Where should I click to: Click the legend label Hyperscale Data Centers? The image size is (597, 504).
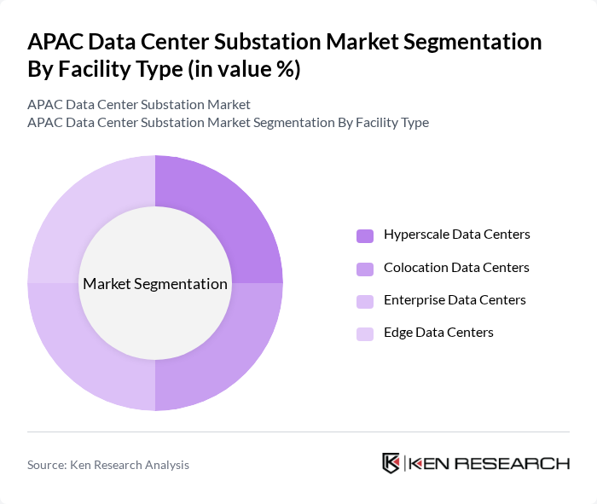(456, 235)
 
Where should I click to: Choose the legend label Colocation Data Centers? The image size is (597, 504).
(456, 268)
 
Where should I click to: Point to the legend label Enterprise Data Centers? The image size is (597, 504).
(455, 300)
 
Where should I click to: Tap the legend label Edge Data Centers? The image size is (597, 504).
(438, 333)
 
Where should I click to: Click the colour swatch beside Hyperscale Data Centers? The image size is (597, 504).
(365, 235)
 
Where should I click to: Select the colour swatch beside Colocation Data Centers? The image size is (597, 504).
(365, 269)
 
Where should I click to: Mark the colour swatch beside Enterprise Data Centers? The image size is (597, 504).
(365, 301)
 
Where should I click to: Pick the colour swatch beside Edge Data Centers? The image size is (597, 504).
(365, 333)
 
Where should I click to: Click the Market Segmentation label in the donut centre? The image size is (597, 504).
(155, 284)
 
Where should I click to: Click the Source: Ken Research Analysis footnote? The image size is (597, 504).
(108, 465)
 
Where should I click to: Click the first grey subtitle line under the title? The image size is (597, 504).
(139, 105)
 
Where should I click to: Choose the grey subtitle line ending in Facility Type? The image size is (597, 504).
(228, 123)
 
